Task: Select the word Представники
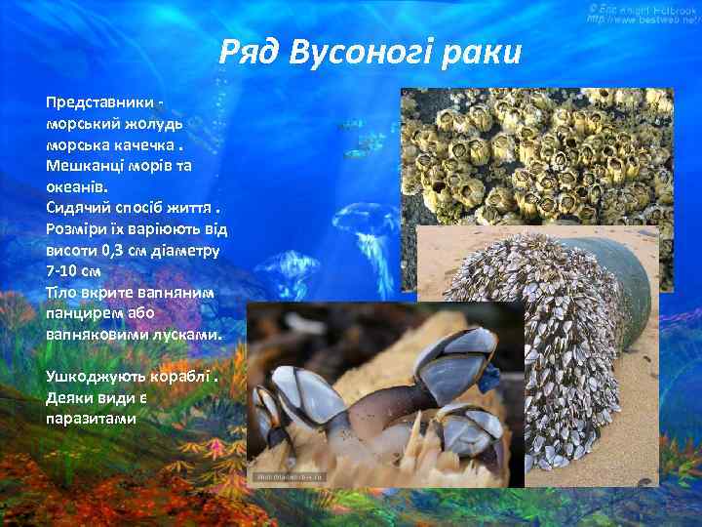[97, 102]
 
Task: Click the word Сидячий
[77, 207]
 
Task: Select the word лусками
[187, 333]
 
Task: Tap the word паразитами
[91, 418]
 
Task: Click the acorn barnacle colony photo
[536, 156]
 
